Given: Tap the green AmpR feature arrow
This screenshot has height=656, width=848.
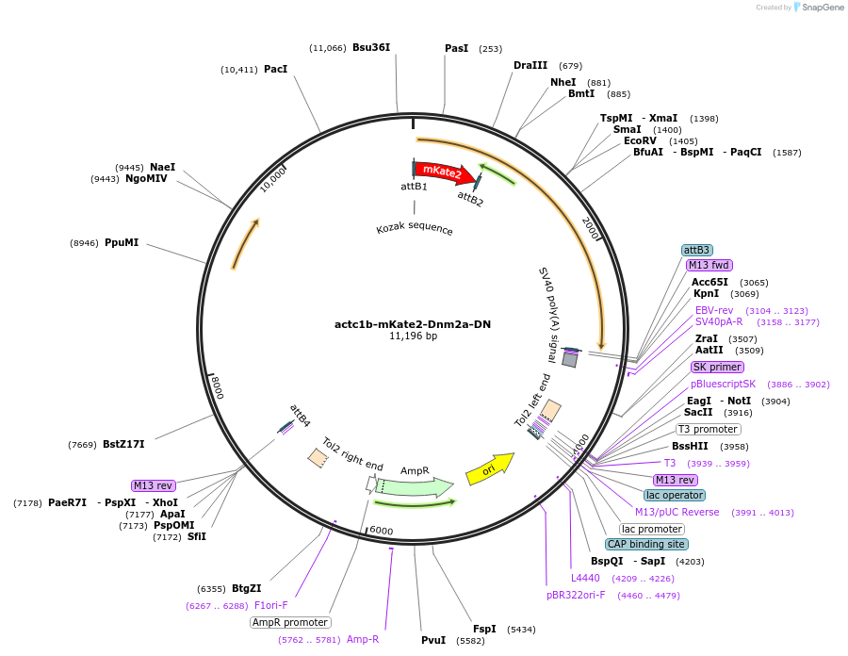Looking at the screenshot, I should click(x=415, y=486).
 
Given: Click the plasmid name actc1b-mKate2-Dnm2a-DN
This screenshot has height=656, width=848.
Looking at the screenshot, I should click(x=413, y=324).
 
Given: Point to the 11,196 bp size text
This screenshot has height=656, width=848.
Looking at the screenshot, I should click(x=413, y=336).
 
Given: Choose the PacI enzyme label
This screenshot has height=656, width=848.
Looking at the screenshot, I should click(x=275, y=70).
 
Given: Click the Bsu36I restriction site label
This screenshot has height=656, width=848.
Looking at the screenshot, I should click(x=370, y=48).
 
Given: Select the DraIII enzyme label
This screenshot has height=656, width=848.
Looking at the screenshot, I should click(x=530, y=66).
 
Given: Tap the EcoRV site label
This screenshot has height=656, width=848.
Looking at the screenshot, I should click(x=640, y=140).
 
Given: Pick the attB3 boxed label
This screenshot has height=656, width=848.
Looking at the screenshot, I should click(x=696, y=250).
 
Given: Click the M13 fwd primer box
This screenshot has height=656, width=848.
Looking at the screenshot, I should click(x=709, y=265).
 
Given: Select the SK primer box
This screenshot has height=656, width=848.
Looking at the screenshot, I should click(x=717, y=367).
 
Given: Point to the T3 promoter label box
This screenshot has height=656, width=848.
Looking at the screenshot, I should click(x=709, y=429).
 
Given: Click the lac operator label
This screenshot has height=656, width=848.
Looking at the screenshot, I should click(x=674, y=495).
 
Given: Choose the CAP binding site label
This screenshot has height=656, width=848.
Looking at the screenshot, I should click(x=646, y=544).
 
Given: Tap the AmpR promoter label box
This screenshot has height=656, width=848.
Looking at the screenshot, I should click(x=290, y=622).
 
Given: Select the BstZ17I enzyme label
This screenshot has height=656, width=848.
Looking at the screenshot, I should click(x=123, y=444).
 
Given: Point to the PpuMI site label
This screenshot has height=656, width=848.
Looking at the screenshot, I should click(x=122, y=242).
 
